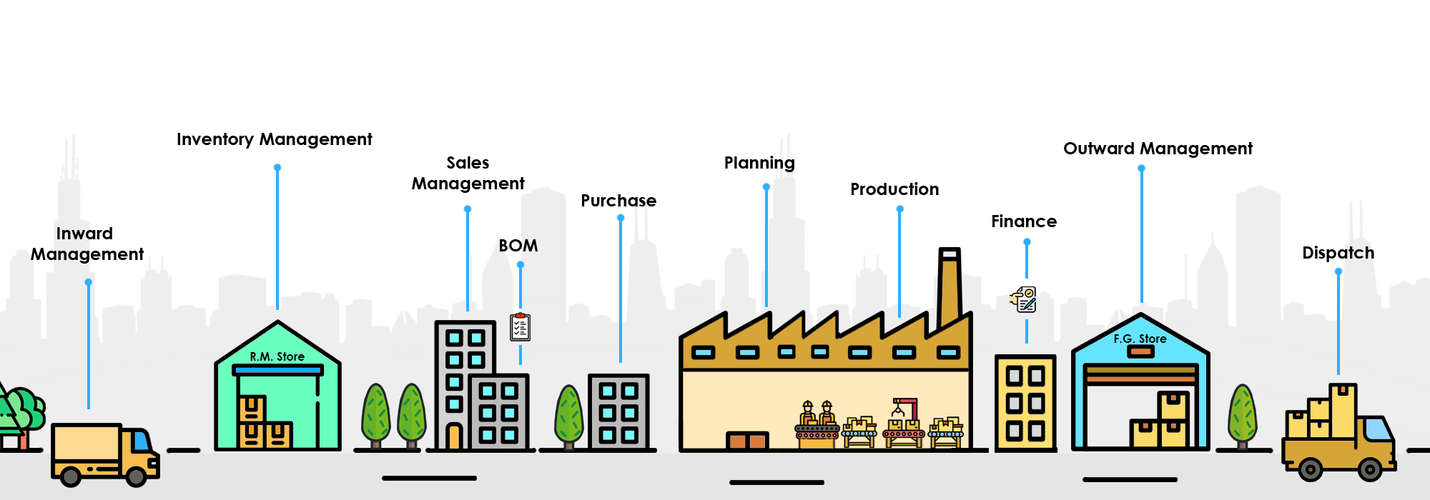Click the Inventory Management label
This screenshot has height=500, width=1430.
point(274,139)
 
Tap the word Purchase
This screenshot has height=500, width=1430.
point(618,201)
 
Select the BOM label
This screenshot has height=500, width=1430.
point(518,246)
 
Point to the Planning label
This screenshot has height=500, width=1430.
point(759,163)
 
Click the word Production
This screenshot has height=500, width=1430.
point(894,189)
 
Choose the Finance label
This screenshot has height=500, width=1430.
point(1024,221)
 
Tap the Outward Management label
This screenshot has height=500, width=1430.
point(1158,149)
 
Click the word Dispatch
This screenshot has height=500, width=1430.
point(1338,253)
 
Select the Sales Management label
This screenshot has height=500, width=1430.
point(468,174)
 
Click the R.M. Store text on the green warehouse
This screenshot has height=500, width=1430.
point(277,356)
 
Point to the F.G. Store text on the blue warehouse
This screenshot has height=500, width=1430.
point(1140,339)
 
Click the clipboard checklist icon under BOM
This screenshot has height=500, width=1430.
point(520,327)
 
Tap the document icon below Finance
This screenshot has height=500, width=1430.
point(1025,299)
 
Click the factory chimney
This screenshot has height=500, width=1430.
point(949,286)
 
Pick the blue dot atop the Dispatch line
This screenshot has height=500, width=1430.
point(1338,271)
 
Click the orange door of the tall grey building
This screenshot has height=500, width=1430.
point(453,436)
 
